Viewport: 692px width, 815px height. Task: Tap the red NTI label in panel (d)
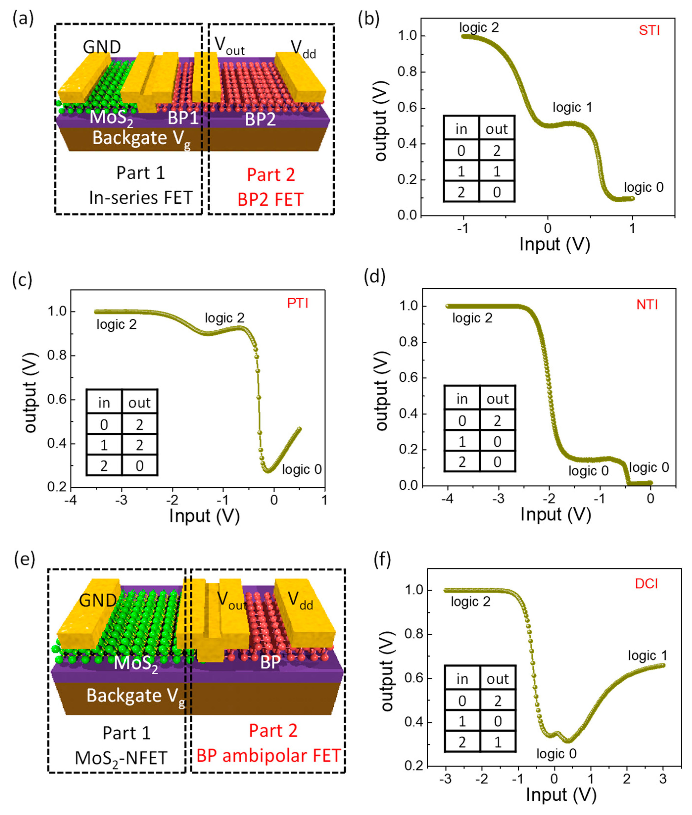(x=647, y=305)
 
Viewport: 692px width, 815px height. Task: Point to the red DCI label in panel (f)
(x=646, y=584)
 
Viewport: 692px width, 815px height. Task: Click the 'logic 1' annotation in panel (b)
(x=572, y=107)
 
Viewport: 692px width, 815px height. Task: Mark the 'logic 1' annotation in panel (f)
(x=647, y=655)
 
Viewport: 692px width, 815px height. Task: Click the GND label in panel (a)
(x=102, y=47)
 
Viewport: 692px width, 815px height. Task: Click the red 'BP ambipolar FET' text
(x=268, y=756)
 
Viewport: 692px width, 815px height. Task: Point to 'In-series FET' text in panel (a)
(x=140, y=197)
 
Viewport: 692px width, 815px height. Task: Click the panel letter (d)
(x=375, y=277)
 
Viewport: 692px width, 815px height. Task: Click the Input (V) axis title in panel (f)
(x=561, y=795)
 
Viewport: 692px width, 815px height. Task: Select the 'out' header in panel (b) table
(x=497, y=129)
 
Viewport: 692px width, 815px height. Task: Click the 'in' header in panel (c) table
(x=104, y=403)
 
